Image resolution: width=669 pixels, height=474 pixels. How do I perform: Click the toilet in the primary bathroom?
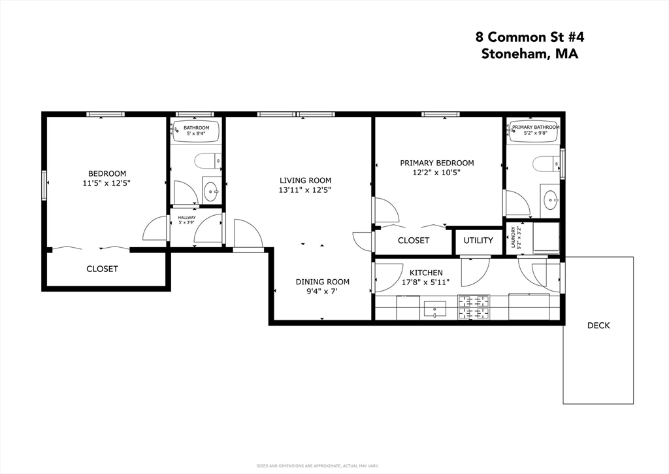coord(544,163)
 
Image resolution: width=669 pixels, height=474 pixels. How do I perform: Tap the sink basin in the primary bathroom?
coord(551,199)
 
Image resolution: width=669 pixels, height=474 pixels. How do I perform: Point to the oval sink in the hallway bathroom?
coord(212,192)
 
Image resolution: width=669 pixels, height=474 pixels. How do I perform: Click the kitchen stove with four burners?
coord(474,307)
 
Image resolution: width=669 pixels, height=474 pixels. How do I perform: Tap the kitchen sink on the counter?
coord(434,307)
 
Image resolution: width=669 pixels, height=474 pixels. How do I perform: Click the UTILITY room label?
coord(478,241)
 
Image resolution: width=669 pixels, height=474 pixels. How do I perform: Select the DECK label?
coord(598,325)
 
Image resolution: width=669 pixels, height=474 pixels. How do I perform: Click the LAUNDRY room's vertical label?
coord(516,239)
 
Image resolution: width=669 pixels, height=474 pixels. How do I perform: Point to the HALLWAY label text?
coord(187,217)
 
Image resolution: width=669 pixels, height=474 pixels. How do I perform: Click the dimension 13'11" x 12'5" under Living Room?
coord(305,190)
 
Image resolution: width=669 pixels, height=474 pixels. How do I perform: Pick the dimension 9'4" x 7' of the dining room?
coord(322,292)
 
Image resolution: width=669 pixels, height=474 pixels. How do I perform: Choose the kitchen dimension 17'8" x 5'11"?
coord(426,282)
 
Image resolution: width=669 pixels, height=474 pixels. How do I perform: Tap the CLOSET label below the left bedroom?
coord(103,269)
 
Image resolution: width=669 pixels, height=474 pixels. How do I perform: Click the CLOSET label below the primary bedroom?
coord(414,241)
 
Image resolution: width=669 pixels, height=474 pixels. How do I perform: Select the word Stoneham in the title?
coord(515,54)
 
